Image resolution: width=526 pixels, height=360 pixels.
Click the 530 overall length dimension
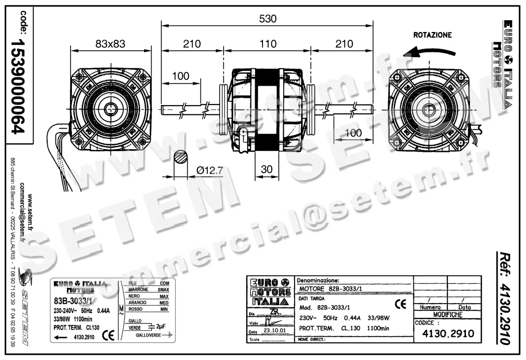click(268, 19)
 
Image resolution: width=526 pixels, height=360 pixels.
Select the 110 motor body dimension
click(268, 44)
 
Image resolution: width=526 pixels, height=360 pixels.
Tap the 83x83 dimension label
click(110, 44)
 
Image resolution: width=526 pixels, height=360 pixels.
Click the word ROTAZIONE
click(432, 35)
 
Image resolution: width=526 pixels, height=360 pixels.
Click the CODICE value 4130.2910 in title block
click(448, 334)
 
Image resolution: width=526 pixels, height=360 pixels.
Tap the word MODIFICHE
click(448, 314)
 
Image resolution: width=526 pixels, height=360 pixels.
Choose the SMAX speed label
click(163, 289)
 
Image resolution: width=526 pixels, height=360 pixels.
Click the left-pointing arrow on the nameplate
click(60, 337)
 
